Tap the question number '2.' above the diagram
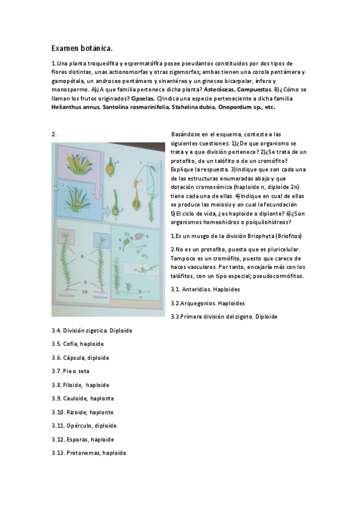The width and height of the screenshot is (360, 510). coord(54,134)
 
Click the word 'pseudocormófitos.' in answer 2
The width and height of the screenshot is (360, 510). coord(278,276)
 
